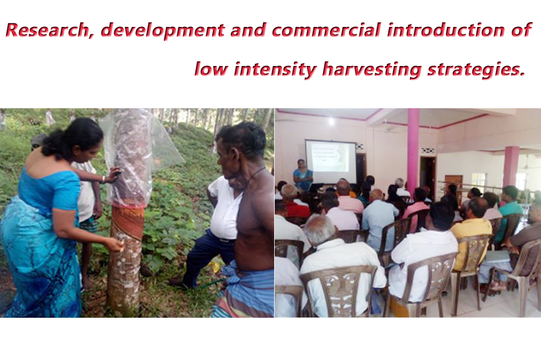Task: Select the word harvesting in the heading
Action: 371,69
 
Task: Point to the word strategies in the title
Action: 476,69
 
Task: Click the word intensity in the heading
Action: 275,69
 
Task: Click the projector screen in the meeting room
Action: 330,161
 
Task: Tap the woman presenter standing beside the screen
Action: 303,175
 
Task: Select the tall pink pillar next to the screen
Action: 413,148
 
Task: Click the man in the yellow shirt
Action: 471,231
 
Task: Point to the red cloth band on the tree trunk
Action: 128,222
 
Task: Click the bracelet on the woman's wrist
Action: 103,179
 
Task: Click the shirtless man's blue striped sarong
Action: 245,290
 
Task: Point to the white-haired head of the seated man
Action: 320,229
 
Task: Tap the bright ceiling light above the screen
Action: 331,121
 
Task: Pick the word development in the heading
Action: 163,31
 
